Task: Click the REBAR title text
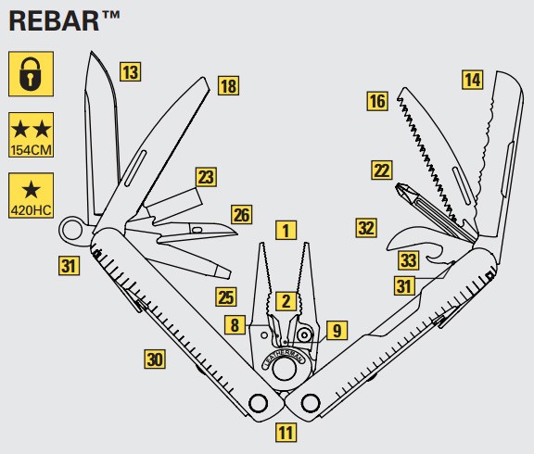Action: click(64, 21)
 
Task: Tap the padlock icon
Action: click(31, 74)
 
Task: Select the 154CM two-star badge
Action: click(31, 134)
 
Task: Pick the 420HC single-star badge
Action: click(31, 195)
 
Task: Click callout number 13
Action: click(131, 72)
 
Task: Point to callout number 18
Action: click(228, 85)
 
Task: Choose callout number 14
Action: click(473, 80)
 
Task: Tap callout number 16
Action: click(377, 101)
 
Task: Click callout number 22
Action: click(382, 170)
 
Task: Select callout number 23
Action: click(206, 177)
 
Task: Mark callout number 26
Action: click(242, 215)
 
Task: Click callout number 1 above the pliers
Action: click(286, 230)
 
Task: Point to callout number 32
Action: click(366, 228)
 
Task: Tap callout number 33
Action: click(409, 260)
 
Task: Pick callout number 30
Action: click(155, 359)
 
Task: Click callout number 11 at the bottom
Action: click(286, 433)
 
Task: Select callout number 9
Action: click(337, 330)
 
